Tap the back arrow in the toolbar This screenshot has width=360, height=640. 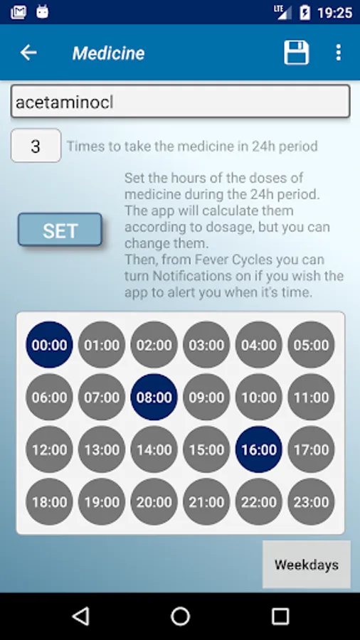tap(28, 53)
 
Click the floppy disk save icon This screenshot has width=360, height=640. tap(297, 53)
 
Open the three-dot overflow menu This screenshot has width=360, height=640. tap(338, 53)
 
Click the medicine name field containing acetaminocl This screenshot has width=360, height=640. tap(180, 101)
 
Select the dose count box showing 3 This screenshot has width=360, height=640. tap(36, 146)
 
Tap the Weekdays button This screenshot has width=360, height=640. tap(307, 565)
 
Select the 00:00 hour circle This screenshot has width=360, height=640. tap(49, 345)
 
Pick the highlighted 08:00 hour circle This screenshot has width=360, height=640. tap(154, 397)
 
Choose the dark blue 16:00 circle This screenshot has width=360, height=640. tap(259, 449)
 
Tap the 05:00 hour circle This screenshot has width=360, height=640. tap(311, 345)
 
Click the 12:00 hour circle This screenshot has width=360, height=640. tap(49, 449)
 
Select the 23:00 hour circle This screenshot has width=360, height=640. tap(311, 501)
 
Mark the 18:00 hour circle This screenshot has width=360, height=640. tap(49, 501)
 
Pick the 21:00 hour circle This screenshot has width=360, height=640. tap(206, 501)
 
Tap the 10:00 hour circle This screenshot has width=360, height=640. tap(259, 397)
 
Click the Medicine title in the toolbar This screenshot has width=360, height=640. tap(109, 53)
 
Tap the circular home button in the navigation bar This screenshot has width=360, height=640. tap(181, 616)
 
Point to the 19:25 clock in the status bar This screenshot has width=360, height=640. tap(334, 13)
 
